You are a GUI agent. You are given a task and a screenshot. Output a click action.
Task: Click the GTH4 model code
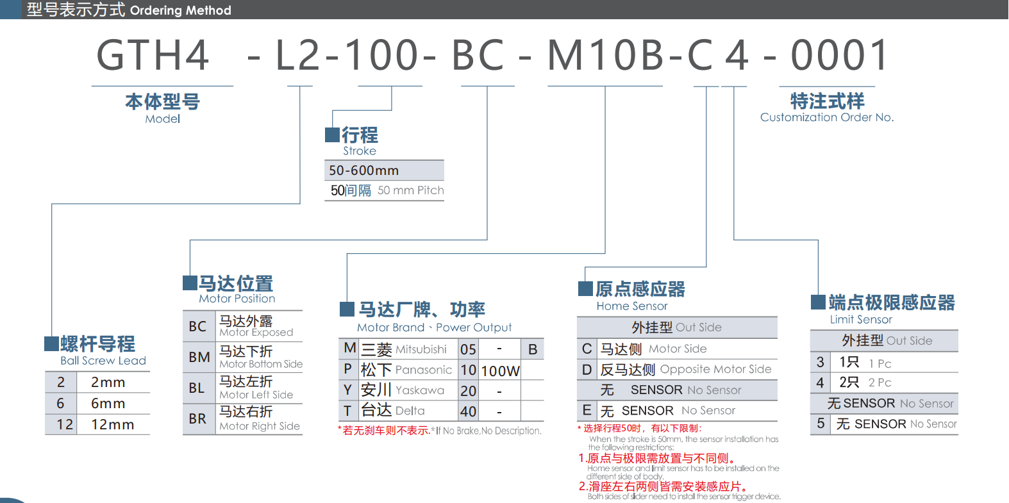153,55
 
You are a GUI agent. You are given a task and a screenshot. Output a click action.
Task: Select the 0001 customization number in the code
840,55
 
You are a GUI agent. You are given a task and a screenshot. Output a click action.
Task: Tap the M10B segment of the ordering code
605,55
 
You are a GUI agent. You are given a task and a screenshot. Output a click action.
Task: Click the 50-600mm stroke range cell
363,170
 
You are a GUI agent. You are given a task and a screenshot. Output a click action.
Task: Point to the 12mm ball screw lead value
112,424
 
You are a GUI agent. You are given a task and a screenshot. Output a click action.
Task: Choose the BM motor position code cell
199,357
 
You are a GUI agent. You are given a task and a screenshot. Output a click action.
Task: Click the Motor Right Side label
260,426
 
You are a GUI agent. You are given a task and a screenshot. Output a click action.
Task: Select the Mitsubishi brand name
421,349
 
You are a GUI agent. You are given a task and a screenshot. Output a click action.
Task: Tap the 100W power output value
500,371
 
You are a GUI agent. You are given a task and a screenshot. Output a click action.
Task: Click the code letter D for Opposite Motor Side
587,370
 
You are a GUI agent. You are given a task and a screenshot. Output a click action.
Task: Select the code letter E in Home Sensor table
587,410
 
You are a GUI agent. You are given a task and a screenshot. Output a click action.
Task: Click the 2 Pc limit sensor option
880,383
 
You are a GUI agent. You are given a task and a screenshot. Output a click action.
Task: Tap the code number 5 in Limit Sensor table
821,424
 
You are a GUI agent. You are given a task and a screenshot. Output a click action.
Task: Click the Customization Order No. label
827,117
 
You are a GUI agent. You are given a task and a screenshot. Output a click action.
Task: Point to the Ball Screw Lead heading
103,361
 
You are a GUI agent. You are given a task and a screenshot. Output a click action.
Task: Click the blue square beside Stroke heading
332,135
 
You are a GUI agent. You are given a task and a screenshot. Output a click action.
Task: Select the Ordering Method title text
180,10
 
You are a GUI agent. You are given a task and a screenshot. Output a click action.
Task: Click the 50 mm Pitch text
410,190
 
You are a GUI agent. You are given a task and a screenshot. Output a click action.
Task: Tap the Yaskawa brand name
420,390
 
